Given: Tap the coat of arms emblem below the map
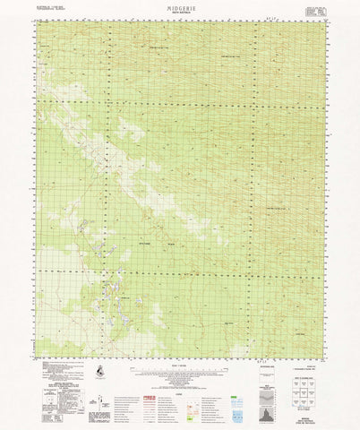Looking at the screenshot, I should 98,370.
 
